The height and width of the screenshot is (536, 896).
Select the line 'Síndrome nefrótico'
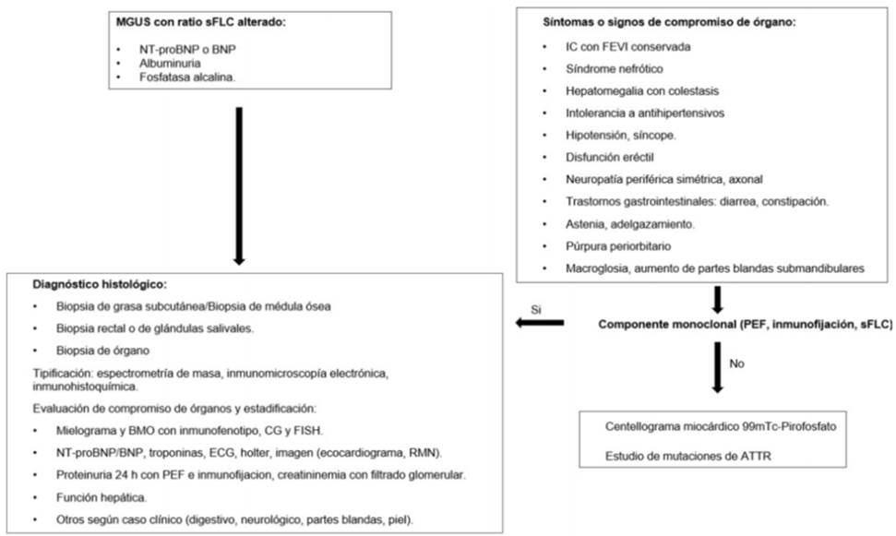pos(614,69)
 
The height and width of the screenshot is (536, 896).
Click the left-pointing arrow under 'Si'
pos(539,323)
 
